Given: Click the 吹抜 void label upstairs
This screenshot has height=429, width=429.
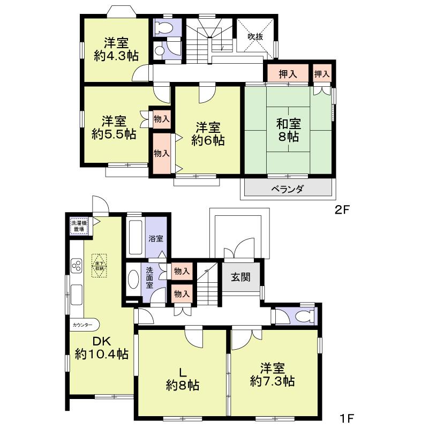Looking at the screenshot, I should [x=254, y=37].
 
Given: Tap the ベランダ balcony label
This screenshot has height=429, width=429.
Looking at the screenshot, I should [x=287, y=189].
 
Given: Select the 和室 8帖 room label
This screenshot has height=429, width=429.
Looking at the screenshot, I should [x=289, y=130].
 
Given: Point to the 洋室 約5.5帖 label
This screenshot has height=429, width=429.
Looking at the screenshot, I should [x=113, y=126].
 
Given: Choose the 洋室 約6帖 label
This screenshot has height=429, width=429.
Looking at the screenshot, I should [x=207, y=134].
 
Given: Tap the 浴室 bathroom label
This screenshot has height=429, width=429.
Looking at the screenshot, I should [x=156, y=239].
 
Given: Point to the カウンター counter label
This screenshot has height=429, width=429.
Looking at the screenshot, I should [x=83, y=325].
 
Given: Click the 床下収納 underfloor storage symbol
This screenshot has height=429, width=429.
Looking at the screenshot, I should [x=99, y=266].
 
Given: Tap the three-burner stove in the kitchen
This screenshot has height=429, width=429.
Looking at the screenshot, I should [x=76, y=266].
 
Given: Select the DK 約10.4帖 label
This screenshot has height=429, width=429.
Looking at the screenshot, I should [x=101, y=348].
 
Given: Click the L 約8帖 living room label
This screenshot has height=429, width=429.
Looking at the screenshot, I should [x=182, y=378].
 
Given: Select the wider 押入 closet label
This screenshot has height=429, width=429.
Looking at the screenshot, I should [x=285, y=73].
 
